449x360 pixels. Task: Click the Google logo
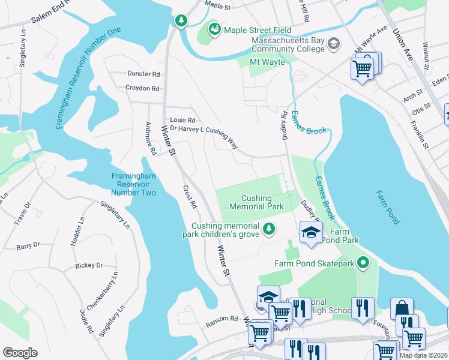pos(20,353)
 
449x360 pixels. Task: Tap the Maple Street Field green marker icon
pos(214,29)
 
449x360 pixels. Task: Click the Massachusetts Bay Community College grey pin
pos(334,44)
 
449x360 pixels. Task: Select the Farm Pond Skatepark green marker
pos(362,263)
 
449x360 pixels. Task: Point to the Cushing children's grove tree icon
pos(270,229)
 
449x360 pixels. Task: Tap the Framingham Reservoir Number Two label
pos(134,184)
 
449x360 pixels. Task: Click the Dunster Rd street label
pos(143,74)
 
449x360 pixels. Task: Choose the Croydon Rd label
pos(142,88)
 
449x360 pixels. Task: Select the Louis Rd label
pos(182,120)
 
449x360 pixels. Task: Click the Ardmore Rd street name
pos(151,139)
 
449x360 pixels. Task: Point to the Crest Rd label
pos(190,196)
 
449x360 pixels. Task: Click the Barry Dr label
pos(28,245)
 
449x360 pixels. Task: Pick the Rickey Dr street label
pos(89,265)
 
